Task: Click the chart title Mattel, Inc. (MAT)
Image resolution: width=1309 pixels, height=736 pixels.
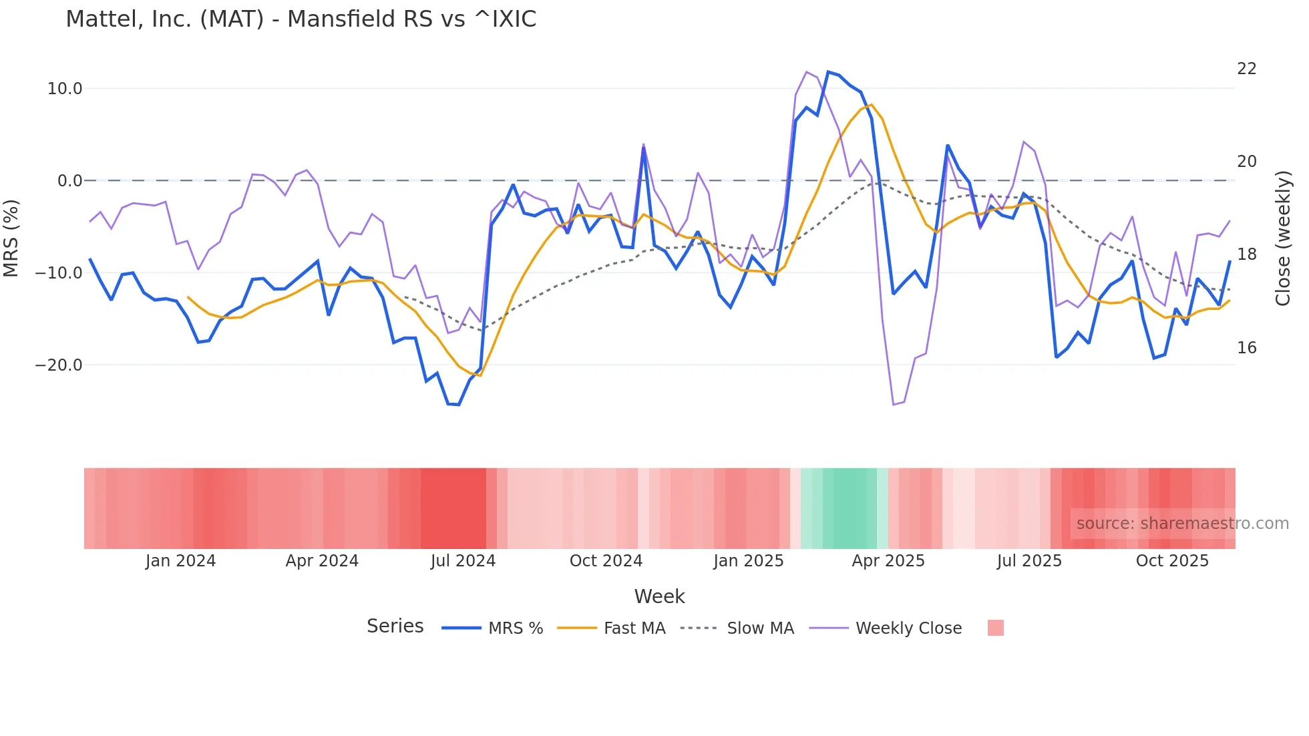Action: pyautogui.click(x=301, y=19)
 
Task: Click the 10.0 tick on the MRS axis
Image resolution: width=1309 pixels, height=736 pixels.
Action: pyautogui.click(x=65, y=89)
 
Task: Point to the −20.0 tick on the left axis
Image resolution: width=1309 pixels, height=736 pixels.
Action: pyautogui.click(x=59, y=365)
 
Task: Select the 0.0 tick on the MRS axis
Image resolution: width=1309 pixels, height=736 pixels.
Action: pyautogui.click(x=69, y=181)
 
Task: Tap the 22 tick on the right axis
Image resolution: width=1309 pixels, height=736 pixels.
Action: pyautogui.click(x=1246, y=69)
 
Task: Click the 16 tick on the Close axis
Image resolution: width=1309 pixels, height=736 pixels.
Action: pyautogui.click(x=1246, y=348)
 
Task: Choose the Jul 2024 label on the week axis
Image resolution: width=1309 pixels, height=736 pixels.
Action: pyautogui.click(x=463, y=561)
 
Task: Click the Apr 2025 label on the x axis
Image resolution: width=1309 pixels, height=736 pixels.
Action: pyautogui.click(x=888, y=561)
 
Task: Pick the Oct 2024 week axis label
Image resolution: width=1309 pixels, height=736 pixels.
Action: pyautogui.click(x=606, y=561)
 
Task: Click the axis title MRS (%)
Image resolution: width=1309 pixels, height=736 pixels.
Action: pyautogui.click(x=11, y=238)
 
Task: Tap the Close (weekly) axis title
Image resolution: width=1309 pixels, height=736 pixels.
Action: pyautogui.click(x=1282, y=238)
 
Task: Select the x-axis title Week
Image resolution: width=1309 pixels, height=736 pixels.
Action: pyautogui.click(x=659, y=596)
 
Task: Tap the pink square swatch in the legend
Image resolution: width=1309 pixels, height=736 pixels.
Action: pyautogui.click(x=995, y=628)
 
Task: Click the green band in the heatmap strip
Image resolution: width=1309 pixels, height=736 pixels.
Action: pyautogui.click(x=848, y=508)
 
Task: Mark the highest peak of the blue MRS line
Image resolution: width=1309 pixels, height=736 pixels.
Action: pyautogui.click(x=828, y=71)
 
